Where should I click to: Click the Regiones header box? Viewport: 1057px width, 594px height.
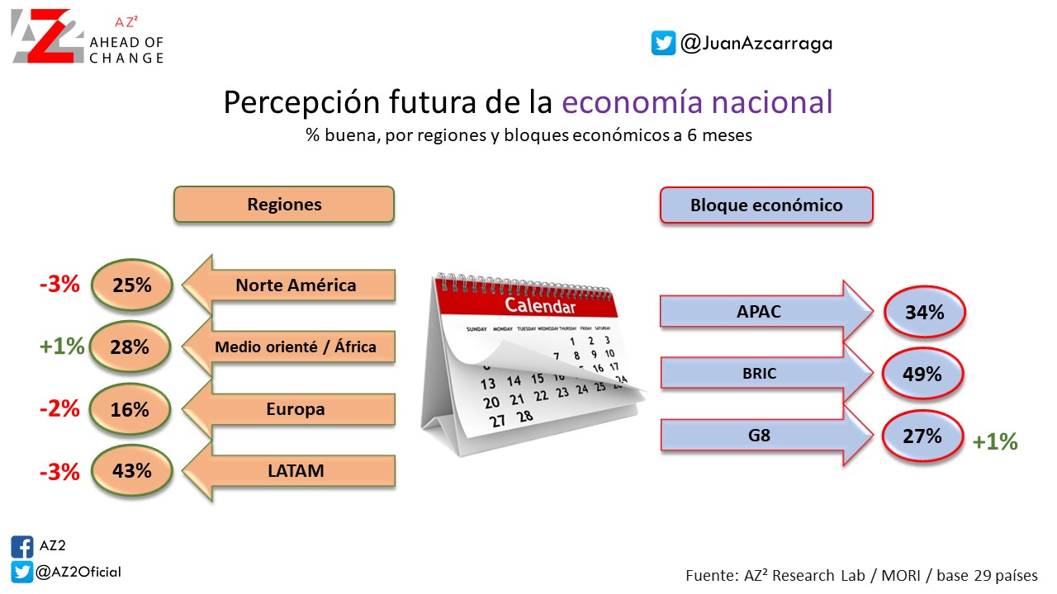(x=284, y=204)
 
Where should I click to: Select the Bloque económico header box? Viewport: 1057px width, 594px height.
(x=766, y=205)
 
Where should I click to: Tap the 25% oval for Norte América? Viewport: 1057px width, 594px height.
(x=132, y=285)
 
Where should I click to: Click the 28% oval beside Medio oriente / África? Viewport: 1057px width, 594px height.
(x=130, y=346)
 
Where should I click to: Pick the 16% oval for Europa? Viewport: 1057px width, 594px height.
(x=130, y=408)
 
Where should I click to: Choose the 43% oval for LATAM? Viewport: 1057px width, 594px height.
(x=132, y=470)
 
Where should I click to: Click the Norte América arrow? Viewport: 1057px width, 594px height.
(x=289, y=285)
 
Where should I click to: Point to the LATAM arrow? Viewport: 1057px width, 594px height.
(x=289, y=470)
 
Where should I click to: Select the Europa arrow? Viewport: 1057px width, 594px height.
(x=289, y=408)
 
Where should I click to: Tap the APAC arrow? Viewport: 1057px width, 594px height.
(x=766, y=311)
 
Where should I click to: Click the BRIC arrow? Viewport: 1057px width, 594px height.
(x=766, y=373)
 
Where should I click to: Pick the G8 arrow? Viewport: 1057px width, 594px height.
(x=766, y=435)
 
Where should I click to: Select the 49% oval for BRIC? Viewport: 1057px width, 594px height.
(x=922, y=374)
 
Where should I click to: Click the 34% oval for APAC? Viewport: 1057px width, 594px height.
(x=925, y=312)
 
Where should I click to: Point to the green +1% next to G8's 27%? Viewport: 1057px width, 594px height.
(x=995, y=441)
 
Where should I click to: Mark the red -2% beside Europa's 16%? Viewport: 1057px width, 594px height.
(x=59, y=408)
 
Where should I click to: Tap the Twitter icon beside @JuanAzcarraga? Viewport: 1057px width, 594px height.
(x=663, y=43)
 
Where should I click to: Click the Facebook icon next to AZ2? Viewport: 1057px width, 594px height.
(x=22, y=547)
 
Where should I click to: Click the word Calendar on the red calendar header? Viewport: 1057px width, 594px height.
(x=540, y=306)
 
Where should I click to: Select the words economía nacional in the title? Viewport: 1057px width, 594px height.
(x=697, y=101)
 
